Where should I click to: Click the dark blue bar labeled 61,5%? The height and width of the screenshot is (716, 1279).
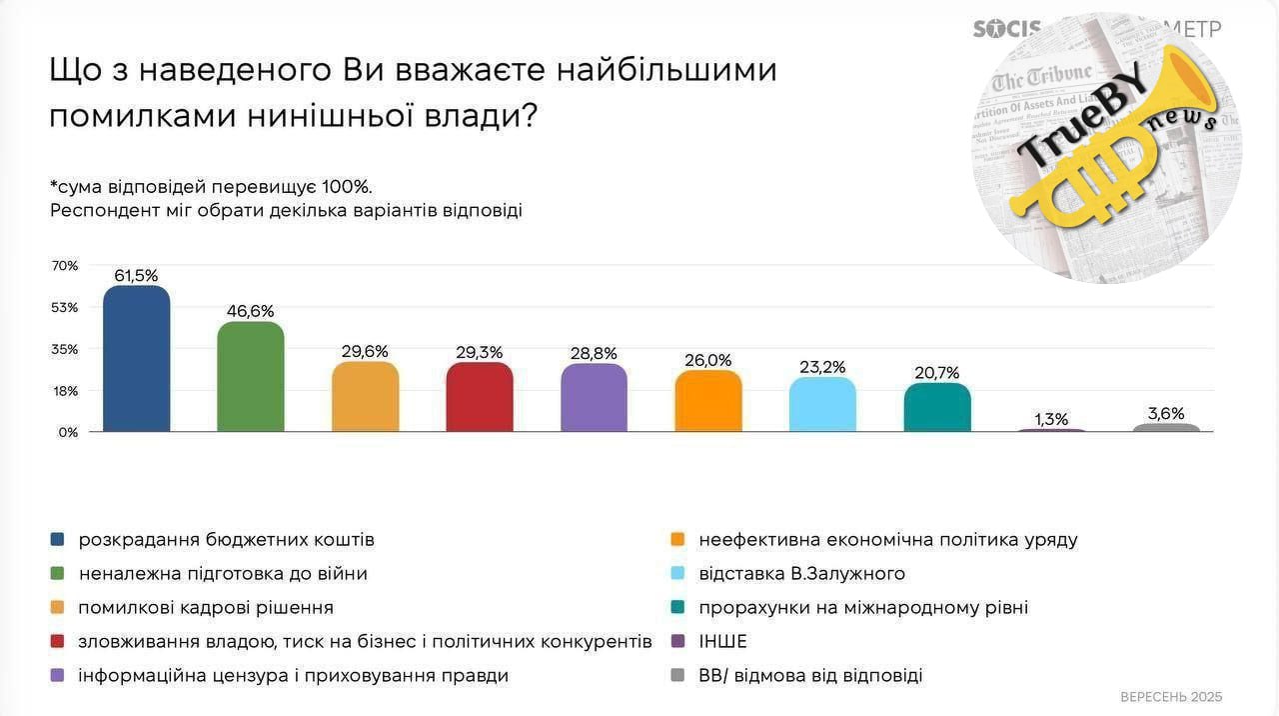[137, 359]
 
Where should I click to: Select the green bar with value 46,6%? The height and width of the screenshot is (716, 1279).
[251, 377]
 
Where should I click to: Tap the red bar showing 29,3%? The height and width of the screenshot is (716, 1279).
[480, 397]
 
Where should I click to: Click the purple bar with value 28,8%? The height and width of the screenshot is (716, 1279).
[595, 398]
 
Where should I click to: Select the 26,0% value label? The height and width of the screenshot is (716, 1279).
[708, 360]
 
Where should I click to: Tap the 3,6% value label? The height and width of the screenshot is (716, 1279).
[1166, 413]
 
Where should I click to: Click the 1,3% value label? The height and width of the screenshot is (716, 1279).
[1052, 419]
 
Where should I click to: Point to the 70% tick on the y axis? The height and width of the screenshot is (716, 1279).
[65, 265]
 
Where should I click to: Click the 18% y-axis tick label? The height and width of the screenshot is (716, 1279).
[65, 391]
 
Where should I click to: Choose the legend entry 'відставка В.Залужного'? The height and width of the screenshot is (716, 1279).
[801, 574]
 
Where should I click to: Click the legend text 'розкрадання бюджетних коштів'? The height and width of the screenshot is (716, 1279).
[227, 540]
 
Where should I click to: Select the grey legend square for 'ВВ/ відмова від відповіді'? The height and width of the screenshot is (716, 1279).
[678, 676]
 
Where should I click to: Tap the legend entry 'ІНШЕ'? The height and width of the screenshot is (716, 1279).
[722, 642]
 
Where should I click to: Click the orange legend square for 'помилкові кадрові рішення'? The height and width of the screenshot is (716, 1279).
[58, 608]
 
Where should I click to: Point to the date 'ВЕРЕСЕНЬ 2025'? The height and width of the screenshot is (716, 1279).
[1171, 697]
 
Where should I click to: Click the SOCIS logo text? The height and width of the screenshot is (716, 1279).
[1007, 29]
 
